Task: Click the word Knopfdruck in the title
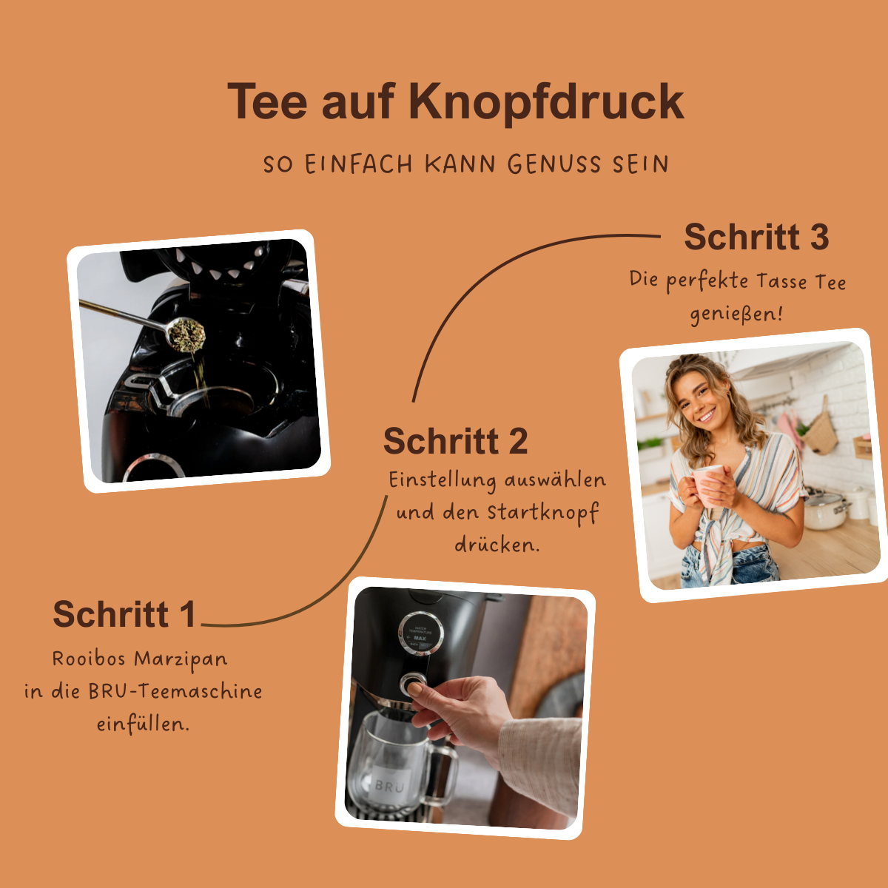pos(545,101)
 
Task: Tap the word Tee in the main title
pos(267,101)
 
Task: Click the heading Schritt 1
pos(124,614)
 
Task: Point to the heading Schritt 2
pos(455,442)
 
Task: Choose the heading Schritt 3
pos(756,238)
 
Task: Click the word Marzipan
pos(181,659)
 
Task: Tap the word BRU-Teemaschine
pos(175,692)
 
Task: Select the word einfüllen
pos(143,724)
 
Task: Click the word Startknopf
pos(542,513)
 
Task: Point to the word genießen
pos(736,314)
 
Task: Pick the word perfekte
pos(707,282)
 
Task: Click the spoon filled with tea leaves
pos(185,333)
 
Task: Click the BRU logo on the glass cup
pos(389,786)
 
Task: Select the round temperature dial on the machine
pos(420,633)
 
